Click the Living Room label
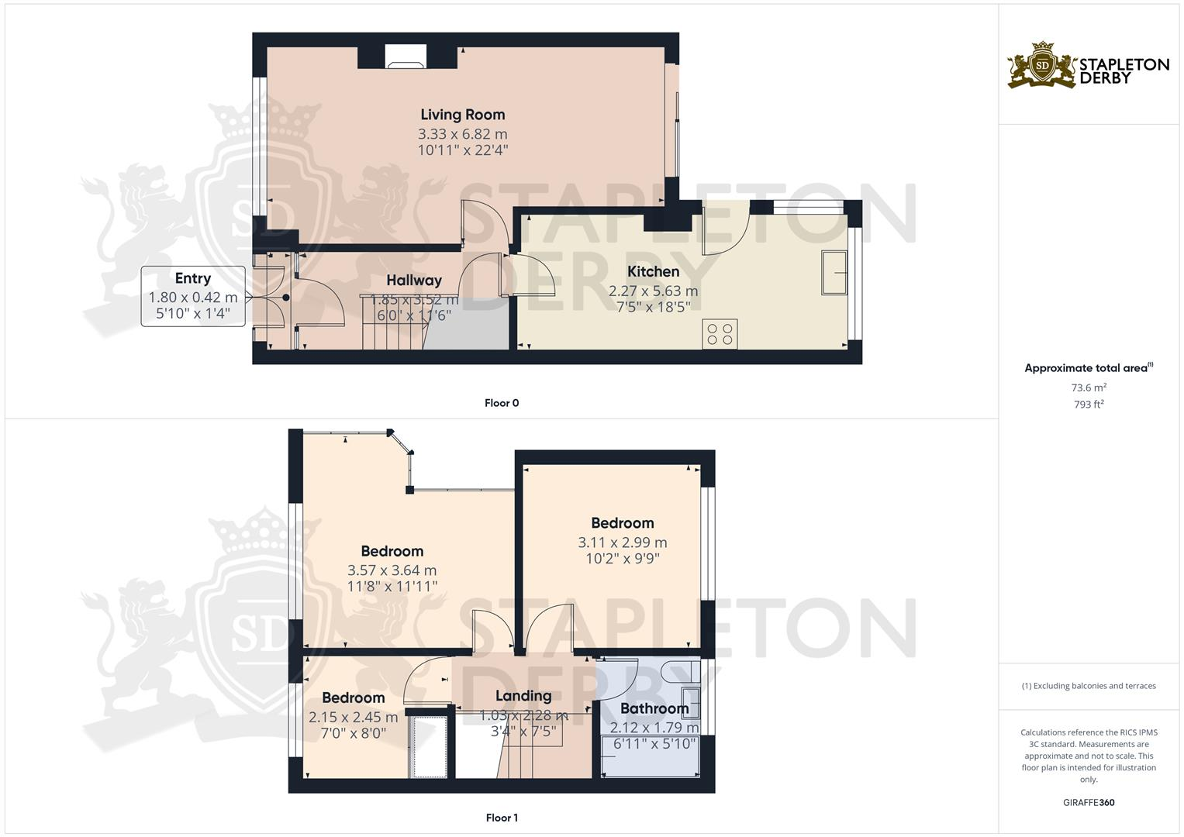(462, 115)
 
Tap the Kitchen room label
(653, 271)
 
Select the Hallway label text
(414, 281)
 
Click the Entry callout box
(193, 295)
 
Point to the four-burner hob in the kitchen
(720, 334)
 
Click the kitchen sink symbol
(834, 272)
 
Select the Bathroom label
(654, 708)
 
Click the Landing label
(523, 696)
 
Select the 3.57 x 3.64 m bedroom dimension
(392, 570)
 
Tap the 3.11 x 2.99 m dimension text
(622, 542)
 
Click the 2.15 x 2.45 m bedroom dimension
(353, 718)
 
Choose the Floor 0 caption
(502, 403)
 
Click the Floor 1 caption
(502, 818)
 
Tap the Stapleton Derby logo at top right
(1088, 66)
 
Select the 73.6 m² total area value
(1089, 387)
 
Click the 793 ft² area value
(1089, 405)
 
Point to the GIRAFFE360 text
(1089, 802)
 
